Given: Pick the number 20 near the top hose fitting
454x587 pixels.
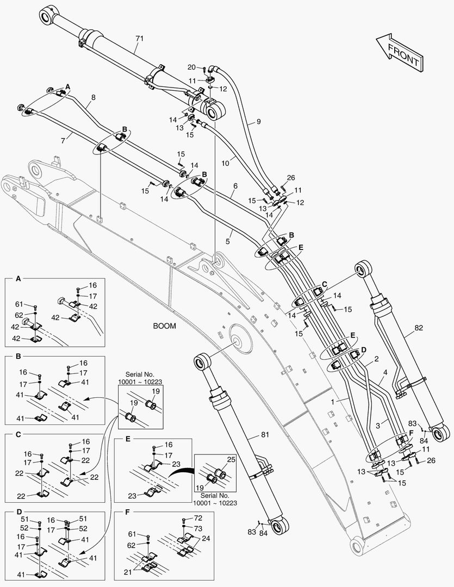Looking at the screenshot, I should point(191,67).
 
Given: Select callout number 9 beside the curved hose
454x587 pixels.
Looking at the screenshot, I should point(259,122).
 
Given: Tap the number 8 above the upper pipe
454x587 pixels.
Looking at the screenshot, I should point(94,97).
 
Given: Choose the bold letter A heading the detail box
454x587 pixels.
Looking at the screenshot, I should point(18,279).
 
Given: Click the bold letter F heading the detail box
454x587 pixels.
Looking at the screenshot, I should point(127,512).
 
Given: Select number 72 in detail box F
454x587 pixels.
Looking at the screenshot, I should point(198,519).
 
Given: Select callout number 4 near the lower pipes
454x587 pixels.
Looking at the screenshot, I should point(385,372).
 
